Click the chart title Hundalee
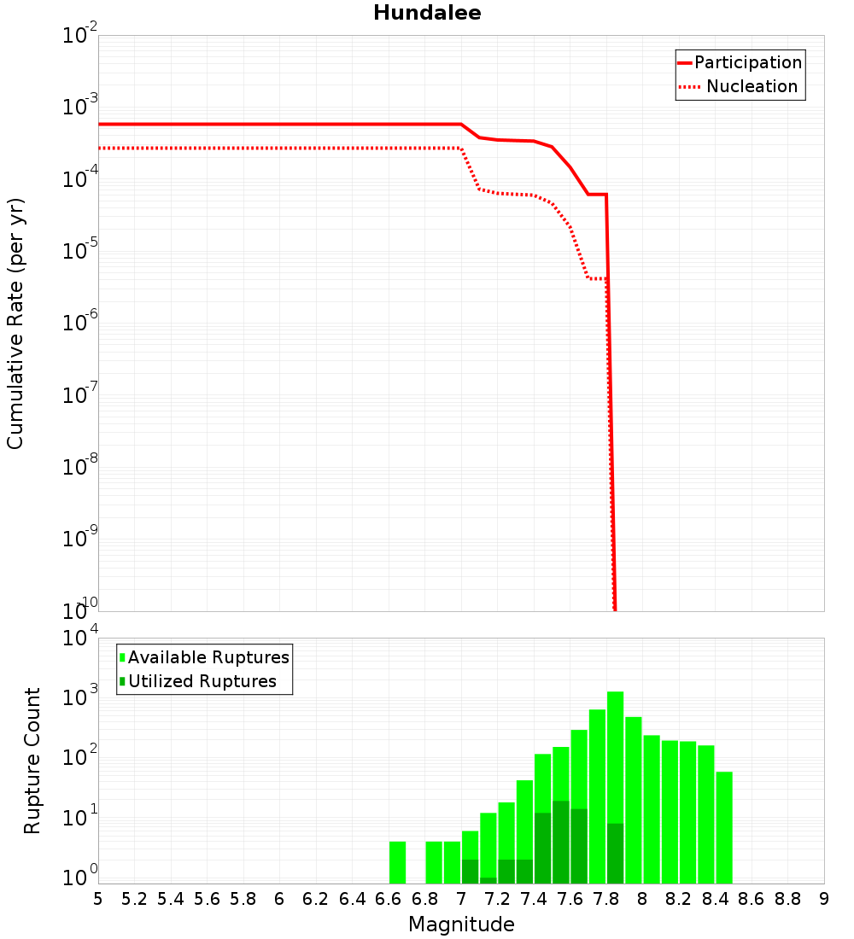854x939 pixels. coord(427,13)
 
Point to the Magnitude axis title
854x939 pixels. coord(461,924)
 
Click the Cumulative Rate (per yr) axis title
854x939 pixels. coord(15,323)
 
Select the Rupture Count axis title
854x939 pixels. coord(32,760)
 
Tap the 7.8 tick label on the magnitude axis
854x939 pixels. coord(606,899)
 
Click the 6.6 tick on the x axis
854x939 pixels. coord(389,899)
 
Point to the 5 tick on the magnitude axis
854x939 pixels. coord(98,899)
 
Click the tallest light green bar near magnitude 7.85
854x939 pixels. coord(615,785)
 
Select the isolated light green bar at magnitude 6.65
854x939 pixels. coord(397,862)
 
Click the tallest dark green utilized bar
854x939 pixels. coord(561,841)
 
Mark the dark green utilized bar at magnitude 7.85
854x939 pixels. coord(615,853)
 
